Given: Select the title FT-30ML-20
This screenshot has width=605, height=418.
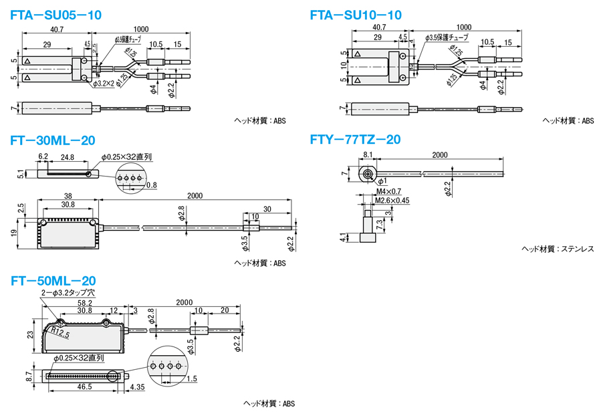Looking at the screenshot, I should pos(53,140).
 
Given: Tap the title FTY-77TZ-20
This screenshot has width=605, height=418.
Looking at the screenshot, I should pos(355,140).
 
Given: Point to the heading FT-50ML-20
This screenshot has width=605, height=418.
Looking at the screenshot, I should pos(53,281).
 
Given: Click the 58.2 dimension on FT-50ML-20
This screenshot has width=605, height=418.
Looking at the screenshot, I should pos(85,302).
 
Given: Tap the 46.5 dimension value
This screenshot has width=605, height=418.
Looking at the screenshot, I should pos(84,387).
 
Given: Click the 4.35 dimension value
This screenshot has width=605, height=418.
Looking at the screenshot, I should pos(138,387).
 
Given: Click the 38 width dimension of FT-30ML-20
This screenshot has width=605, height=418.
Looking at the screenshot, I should pos(69,196).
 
